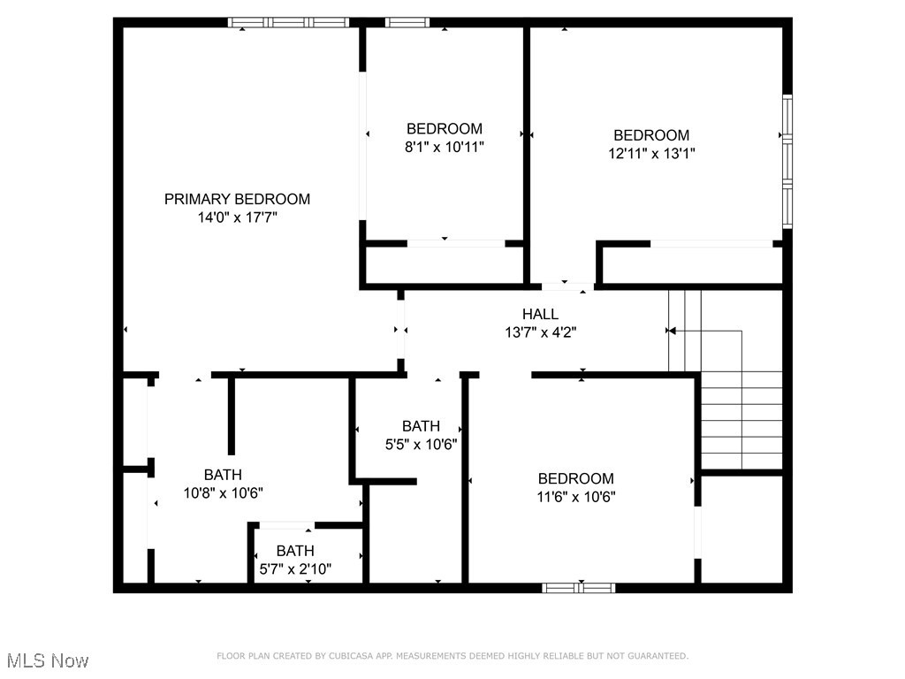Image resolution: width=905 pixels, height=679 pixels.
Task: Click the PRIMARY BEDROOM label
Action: pyautogui.click(x=237, y=199)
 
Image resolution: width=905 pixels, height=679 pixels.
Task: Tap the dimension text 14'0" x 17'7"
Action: pyautogui.click(x=237, y=217)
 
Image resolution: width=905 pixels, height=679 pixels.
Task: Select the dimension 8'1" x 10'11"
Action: pyautogui.click(x=444, y=147)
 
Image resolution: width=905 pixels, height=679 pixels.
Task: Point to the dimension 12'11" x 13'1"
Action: pyautogui.click(x=651, y=153)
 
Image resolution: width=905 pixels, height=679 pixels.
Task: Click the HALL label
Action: pyautogui.click(x=540, y=314)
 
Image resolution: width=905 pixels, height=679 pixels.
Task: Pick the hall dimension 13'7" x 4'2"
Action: pyautogui.click(x=540, y=332)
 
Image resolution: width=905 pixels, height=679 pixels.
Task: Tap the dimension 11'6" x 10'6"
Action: pyautogui.click(x=575, y=496)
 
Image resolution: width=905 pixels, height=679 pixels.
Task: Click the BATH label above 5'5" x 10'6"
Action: pyautogui.click(x=421, y=426)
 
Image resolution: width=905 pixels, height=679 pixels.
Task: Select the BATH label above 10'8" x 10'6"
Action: pyautogui.click(x=223, y=475)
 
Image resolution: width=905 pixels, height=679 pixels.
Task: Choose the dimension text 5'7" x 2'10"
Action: pyautogui.click(x=294, y=568)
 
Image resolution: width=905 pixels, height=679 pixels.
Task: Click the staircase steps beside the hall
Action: pyautogui.click(x=741, y=420)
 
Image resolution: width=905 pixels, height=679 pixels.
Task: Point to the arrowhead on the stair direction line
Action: pyautogui.click(x=671, y=331)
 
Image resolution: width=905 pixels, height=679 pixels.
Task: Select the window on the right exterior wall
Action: pyautogui.click(x=787, y=161)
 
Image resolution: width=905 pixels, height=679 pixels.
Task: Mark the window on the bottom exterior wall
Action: pyautogui.click(x=579, y=587)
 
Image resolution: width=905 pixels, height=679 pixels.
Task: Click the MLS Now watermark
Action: pyautogui.click(x=48, y=660)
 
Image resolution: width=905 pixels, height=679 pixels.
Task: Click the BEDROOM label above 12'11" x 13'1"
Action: pyautogui.click(x=651, y=135)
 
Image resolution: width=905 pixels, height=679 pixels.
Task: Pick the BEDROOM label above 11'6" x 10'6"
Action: pyautogui.click(x=575, y=478)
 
